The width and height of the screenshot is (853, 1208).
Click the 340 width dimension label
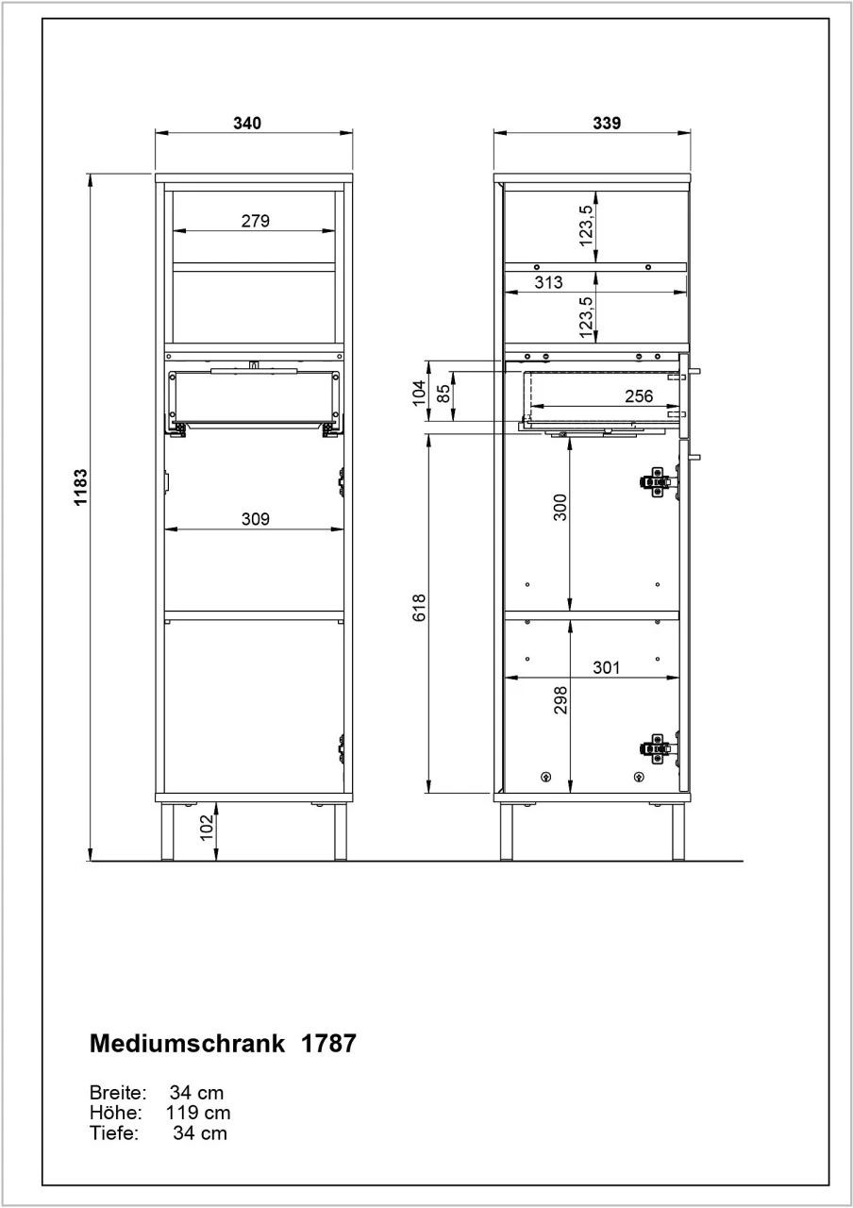click(247, 123)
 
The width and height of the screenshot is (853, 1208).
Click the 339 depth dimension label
click(607, 123)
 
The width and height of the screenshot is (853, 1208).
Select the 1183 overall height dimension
click(81, 488)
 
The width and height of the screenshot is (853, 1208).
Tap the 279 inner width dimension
click(255, 222)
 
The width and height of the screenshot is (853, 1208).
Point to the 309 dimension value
click(255, 518)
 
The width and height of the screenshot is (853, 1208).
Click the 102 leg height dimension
click(207, 829)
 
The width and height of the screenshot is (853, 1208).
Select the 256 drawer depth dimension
click(639, 396)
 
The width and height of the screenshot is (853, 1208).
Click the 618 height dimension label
click(419, 610)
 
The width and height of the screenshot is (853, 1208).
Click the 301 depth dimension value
click(606, 667)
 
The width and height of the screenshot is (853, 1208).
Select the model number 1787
click(328, 1045)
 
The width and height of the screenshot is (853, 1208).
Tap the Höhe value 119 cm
click(198, 1114)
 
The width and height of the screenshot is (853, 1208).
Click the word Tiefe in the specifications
click(113, 1133)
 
